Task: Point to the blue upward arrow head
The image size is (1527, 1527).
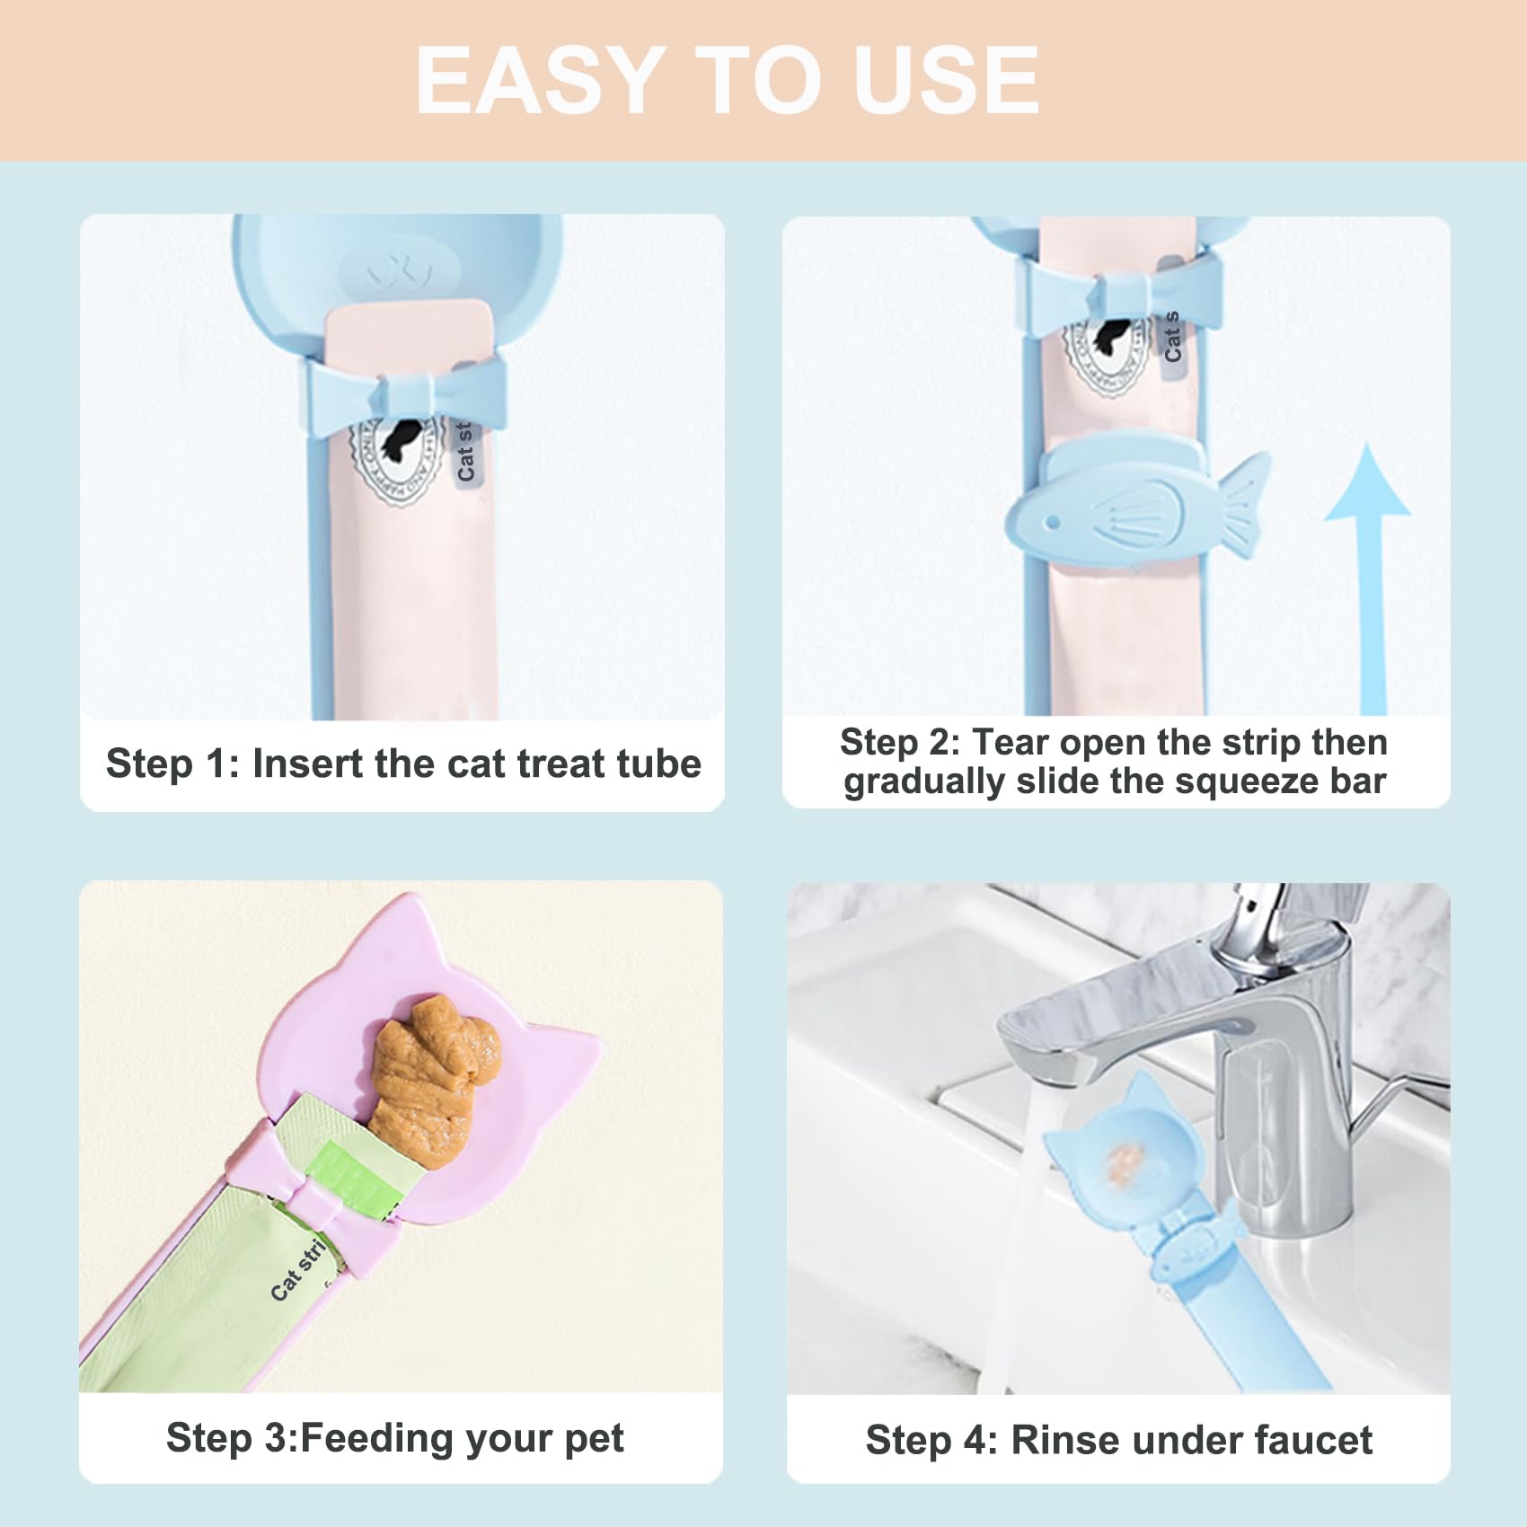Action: click(x=1367, y=485)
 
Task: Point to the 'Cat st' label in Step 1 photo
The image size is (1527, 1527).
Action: click(x=465, y=452)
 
